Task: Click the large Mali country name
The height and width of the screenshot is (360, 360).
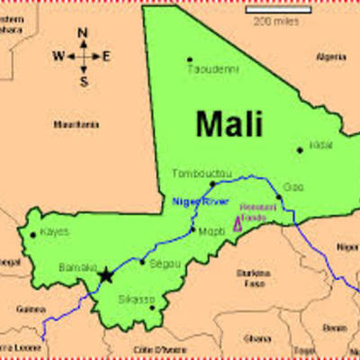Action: click(x=229, y=122)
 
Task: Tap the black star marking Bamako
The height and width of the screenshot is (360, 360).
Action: click(x=107, y=274)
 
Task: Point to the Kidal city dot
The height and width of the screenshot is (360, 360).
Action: click(x=300, y=150)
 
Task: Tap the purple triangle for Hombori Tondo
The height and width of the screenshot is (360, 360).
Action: click(x=238, y=224)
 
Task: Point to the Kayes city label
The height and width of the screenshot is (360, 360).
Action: click(x=55, y=233)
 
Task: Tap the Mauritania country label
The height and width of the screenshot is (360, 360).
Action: click(x=75, y=123)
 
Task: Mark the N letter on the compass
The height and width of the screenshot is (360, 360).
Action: click(x=83, y=33)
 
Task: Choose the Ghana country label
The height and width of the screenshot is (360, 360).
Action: click(x=257, y=338)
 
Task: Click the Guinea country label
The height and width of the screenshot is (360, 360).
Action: click(x=31, y=308)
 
